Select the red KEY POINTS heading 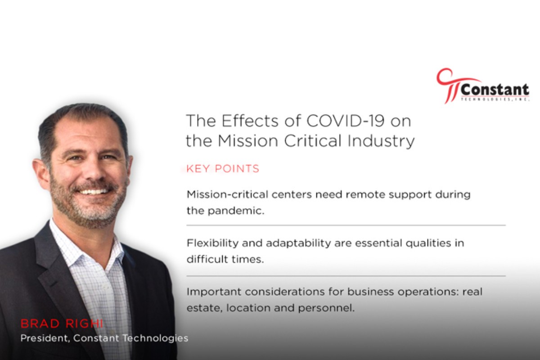[223, 169]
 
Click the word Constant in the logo [495, 90]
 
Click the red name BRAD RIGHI [62, 324]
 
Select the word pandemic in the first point [236, 211]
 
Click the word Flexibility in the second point [212, 243]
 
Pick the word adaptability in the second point [298, 243]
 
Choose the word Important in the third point [214, 292]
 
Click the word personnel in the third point [326, 308]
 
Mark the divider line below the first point [346, 225]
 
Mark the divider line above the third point [346, 276]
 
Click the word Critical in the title [313, 140]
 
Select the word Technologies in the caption [156, 338]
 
